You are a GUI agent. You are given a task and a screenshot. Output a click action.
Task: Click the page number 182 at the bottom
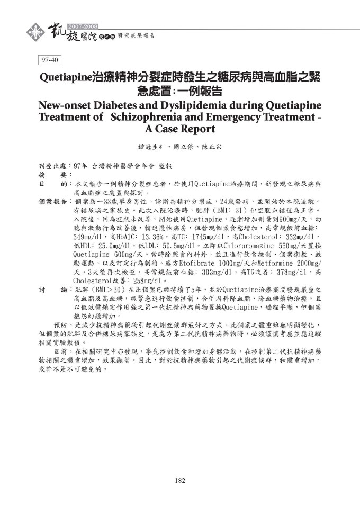pos(179,481)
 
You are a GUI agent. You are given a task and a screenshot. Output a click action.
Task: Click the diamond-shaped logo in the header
pos(35,31)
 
